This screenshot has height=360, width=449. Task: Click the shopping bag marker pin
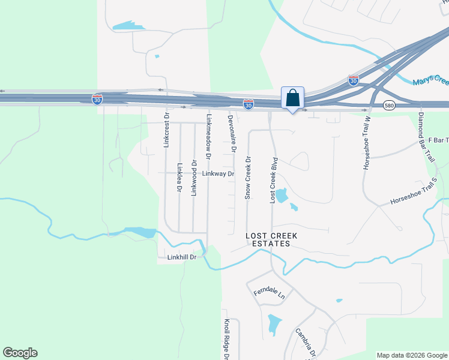pyautogui.click(x=292, y=98)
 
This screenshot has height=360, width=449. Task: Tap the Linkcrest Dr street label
pyautogui.click(x=167, y=130)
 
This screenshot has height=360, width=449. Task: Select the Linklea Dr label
pyautogui.click(x=179, y=178)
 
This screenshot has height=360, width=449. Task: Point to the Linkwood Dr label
pyautogui.click(x=194, y=178)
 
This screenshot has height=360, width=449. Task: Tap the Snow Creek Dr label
pyautogui.click(x=247, y=178)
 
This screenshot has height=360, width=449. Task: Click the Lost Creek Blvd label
pyautogui.click(x=273, y=179)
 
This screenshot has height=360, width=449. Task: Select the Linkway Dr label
pyautogui.click(x=217, y=174)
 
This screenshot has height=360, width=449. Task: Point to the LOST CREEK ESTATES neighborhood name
pyautogui.click(x=268, y=240)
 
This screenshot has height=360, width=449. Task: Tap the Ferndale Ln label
pyautogui.click(x=268, y=294)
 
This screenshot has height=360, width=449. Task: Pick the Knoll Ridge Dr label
pyautogui.click(x=227, y=339)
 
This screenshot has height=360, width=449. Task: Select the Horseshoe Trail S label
pyautogui.click(x=414, y=200)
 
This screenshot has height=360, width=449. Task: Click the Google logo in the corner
pyautogui.click(x=20, y=353)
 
